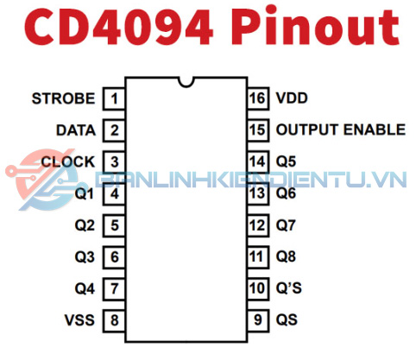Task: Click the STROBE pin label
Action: [63, 98]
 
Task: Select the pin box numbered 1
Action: [114, 98]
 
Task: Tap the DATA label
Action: [76, 130]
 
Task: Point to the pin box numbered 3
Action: [114, 162]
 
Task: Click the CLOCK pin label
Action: [68, 161]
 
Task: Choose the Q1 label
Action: [85, 193]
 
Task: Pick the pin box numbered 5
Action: [114, 225]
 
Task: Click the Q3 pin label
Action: [85, 257]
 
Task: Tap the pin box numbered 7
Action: [114, 288]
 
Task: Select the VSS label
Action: [79, 320]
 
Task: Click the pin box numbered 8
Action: [114, 320]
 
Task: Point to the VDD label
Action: [292, 98]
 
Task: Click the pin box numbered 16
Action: [258, 98]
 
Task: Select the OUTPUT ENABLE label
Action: [341, 129]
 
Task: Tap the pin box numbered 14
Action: [258, 161]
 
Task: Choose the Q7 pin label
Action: [286, 225]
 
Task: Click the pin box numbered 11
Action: [258, 256]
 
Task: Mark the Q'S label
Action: [289, 288]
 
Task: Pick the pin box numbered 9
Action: [258, 320]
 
